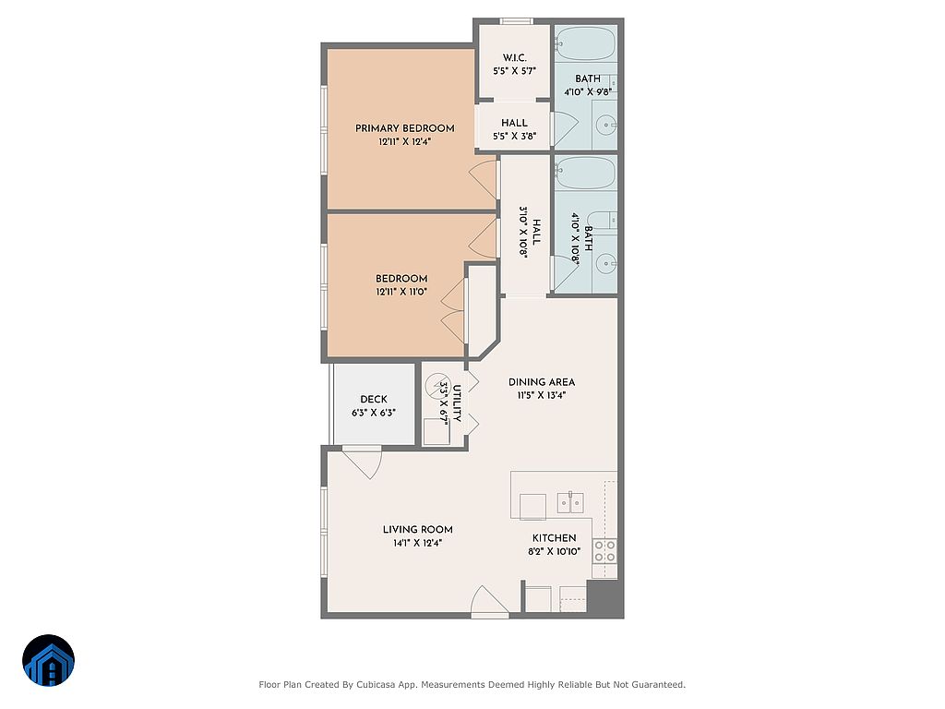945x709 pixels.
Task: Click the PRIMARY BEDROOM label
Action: coord(404,128)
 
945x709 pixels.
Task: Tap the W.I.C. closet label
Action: coord(515,58)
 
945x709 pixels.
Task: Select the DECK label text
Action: coord(374,399)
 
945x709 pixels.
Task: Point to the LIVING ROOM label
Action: coord(418,529)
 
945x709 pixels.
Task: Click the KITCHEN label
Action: coord(554,538)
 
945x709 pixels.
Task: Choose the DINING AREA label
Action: coord(542,381)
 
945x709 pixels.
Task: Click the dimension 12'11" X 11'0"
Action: coord(401,292)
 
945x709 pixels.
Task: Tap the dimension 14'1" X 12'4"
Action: coord(418,543)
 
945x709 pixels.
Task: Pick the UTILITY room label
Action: coord(456,403)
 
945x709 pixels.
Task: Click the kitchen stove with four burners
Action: coord(604,550)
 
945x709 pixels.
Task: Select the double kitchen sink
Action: coord(570,503)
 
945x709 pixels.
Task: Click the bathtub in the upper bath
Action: coord(585,42)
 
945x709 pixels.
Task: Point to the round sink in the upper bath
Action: coord(604,126)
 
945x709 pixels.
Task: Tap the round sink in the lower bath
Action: coord(605,263)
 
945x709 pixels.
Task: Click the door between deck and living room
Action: coord(362,463)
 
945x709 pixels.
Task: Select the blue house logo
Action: coord(48,660)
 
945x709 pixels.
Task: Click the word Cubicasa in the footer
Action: coord(377,684)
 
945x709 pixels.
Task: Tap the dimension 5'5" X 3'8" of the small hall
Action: coord(515,137)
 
